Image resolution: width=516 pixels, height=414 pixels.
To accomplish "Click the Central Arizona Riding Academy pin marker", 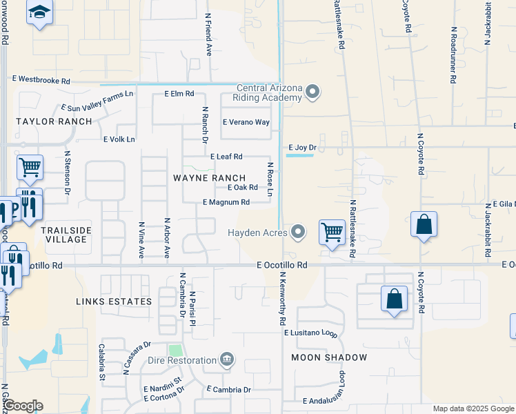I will tap(313, 92).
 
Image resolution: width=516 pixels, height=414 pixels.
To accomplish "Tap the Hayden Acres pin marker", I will tap(298, 232).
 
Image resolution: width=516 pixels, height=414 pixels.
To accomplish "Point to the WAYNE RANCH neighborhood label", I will tap(209, 178).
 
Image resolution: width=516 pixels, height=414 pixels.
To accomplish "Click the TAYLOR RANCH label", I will tap(54, 121).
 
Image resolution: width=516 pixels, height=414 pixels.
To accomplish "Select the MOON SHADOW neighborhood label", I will tap(329, 357).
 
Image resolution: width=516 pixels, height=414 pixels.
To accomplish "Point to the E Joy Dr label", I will tap(301, 147).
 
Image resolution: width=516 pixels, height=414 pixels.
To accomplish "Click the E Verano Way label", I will tap(246, 122).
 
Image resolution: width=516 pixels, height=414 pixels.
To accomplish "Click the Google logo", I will tap(23, 406).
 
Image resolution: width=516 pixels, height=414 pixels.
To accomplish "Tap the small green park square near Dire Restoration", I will tap(177, 351).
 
